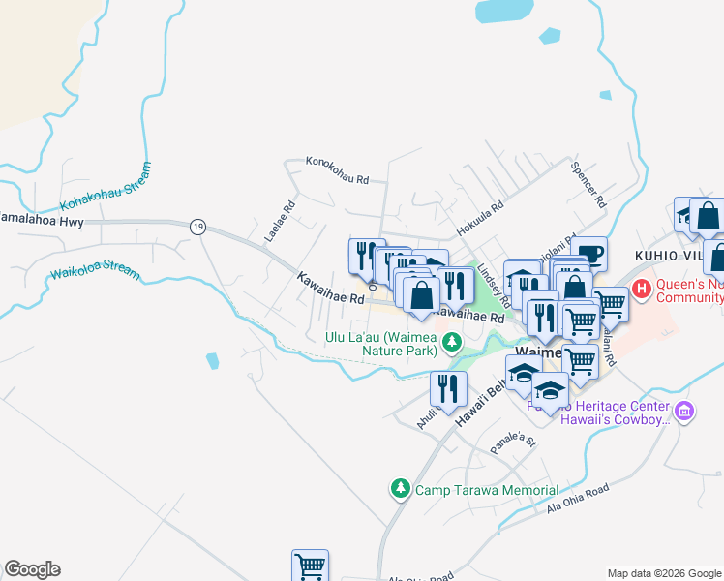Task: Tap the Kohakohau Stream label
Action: [x=106, y=187]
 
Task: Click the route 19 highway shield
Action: [x=197, y=226]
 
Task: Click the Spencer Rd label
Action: [x=588, y=184]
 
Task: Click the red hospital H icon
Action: [x=641, y=289]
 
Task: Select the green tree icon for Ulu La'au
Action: [x=451, y=344]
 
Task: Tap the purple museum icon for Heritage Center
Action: [x=684, y=412]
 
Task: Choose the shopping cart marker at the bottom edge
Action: [x=310, y=566]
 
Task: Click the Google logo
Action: [x=32, y=569]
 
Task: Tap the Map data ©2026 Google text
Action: [x=664, y=573]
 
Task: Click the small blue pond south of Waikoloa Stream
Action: [x=212, y=361]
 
